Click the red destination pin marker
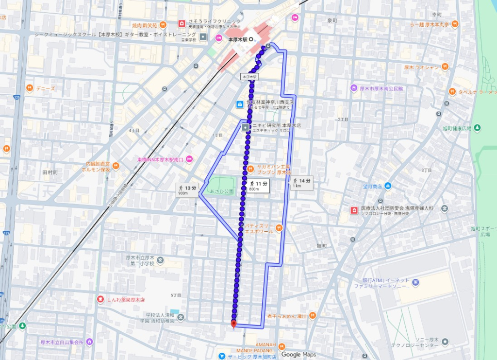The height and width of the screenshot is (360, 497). click(x=233, y=324)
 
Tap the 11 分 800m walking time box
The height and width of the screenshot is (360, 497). click(x=258, y=185)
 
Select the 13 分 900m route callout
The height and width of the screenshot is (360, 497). click(x=187, y=189)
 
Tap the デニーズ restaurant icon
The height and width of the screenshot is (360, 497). click(x=30, y=88)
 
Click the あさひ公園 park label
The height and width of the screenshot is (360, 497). click(x=221, y=191)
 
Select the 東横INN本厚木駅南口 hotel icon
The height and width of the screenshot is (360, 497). click(x=189, y=160)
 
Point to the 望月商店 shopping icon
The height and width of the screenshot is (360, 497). click(x=387, y=186)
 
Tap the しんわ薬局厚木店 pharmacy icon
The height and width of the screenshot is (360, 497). click(x=100, y=299)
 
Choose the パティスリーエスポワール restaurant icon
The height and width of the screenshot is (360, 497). click(x=279, y=227)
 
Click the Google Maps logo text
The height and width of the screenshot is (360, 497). click(x=298, y=355)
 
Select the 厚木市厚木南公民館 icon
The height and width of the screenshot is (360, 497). click(x=354, y=88)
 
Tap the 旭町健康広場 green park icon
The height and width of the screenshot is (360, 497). click(x=477, y=128)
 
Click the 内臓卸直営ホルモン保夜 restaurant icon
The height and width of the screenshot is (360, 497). click(x=116, y=166)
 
